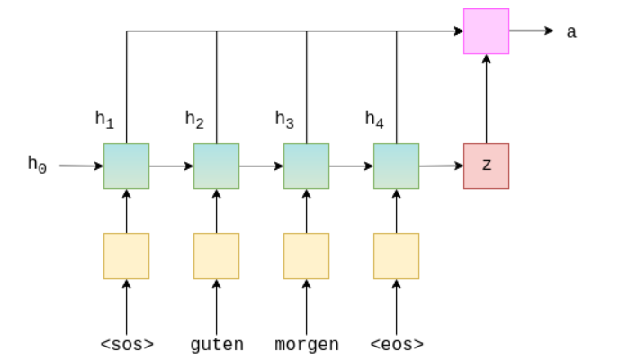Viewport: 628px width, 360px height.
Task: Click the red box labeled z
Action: click(x=486, y=166)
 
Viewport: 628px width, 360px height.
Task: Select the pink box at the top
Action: click(x=486, y=31)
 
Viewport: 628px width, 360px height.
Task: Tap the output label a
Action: click(x=571, y=31)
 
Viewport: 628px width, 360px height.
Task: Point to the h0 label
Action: click(x=36, y=164)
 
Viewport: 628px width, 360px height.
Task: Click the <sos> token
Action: click(x=126, y=344)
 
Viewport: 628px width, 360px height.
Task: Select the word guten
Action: click(x=216, y=344)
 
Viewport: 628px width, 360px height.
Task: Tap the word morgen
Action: click(x=306, y=344)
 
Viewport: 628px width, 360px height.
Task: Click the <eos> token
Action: click(x=396, y=344)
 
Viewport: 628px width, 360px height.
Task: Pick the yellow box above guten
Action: click(x=216, y=256)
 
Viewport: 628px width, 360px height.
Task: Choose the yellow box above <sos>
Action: click(x=126, y=256)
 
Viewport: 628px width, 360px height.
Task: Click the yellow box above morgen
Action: click(x=306, y=256)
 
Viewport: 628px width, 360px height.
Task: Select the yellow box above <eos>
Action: click(x=396, y=256)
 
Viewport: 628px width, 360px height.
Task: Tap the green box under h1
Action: click(x=126, y=166)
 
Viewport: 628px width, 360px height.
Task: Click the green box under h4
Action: click(x=396, y=166)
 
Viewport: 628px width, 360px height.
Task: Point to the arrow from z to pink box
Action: click(x=486, y=99)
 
